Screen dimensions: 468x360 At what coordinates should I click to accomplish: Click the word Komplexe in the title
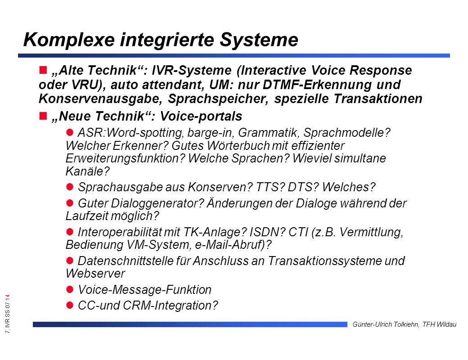point(69,40)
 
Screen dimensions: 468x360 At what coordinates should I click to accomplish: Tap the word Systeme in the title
point(259,40)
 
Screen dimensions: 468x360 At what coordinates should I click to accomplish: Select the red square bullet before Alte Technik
point(43,70)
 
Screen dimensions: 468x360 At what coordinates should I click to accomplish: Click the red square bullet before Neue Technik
point(43,116)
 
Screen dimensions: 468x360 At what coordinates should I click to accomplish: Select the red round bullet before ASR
point(70,132)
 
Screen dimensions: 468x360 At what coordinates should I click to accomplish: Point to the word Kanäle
point(87,171)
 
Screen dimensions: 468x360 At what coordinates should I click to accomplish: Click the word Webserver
point(95,274)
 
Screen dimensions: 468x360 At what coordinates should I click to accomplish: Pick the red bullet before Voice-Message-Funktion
point(70,289)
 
